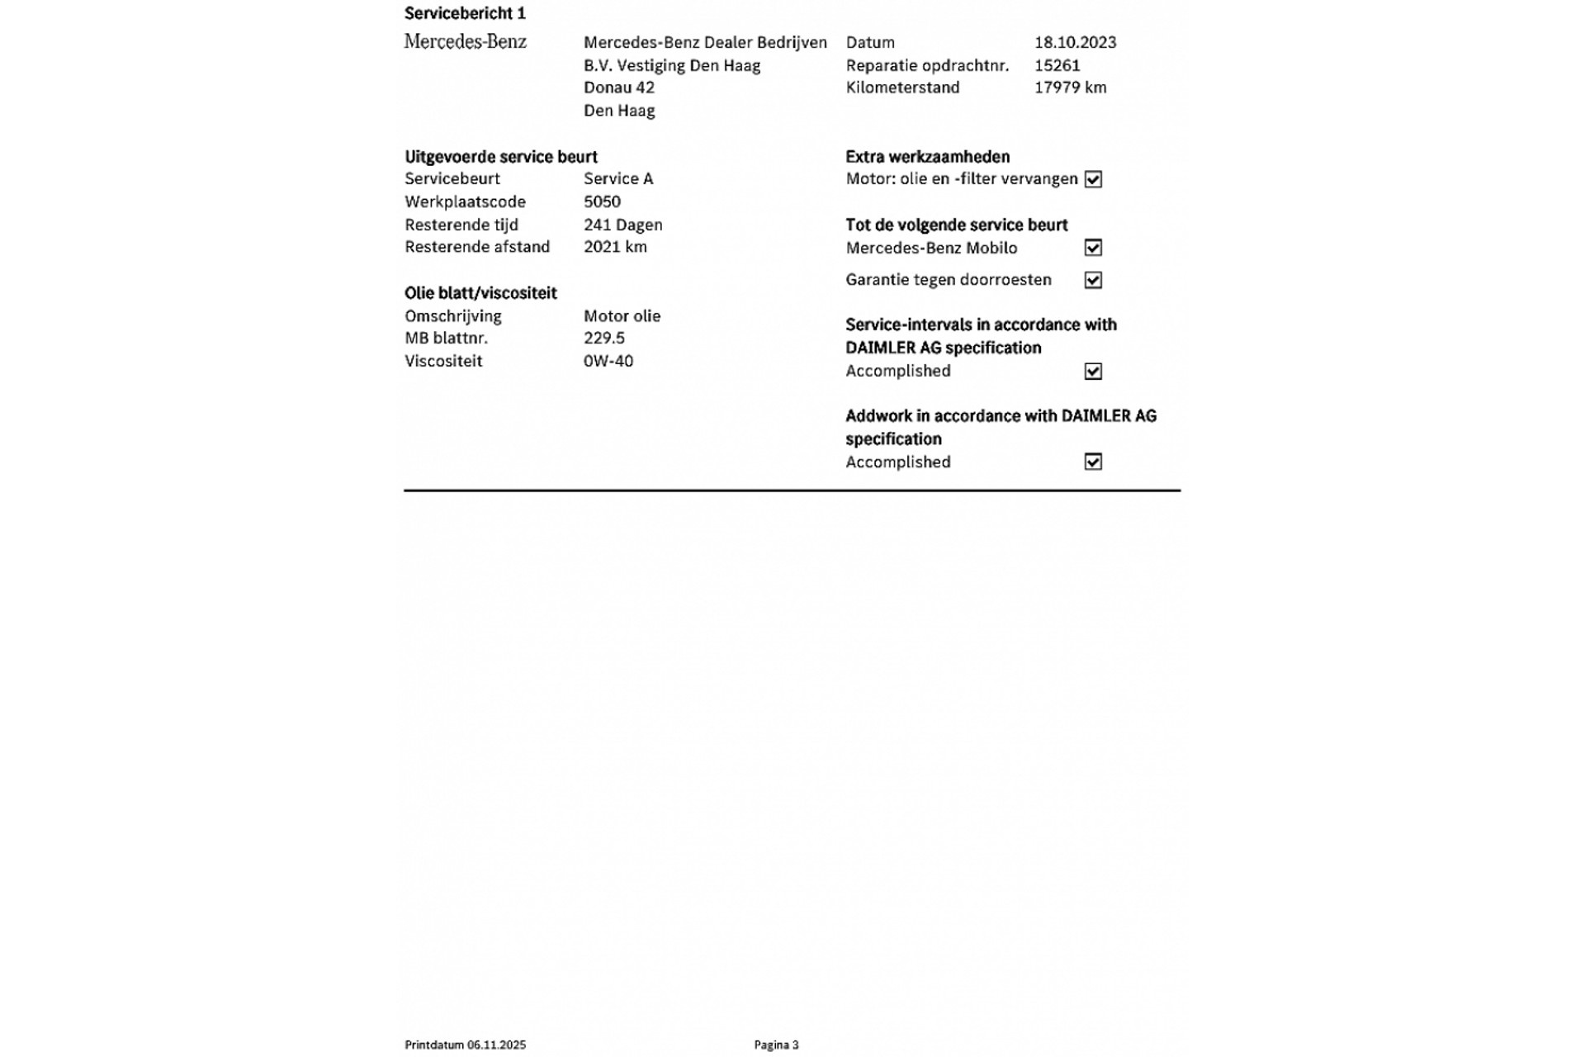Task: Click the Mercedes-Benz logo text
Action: [x=465, y=42]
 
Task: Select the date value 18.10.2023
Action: [x=1075, y=42]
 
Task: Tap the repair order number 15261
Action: [x=1057, y=65]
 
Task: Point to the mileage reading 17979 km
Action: [x=1070, y=88]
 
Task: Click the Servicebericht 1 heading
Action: [x=465, y=13]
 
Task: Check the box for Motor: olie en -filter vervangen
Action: [x=1093, y=179]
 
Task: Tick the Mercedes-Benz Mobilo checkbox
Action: [x=1093, y=248]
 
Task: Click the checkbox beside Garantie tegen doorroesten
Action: [x=1093, y=280]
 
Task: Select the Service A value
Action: [x=617, y=178]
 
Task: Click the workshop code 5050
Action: [x=602, y=201]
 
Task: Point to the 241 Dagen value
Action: [x=622, y=225]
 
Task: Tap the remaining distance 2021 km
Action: [x=615, y=247]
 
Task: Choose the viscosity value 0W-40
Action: [x=608, y=361]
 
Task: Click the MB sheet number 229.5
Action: [x=603, y=338]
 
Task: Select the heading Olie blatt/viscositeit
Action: [x=480, y=293]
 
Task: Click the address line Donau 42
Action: [x=618, y=88]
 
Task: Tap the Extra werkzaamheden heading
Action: [x=927, y=157]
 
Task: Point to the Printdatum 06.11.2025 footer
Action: [x=465, y=1045]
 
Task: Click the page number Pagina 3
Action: [x=776, y=1045]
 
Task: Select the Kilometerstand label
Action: [x=902, y=88]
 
